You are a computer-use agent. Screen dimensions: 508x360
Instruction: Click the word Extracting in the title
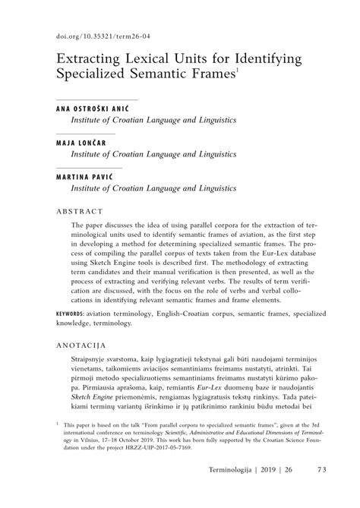pos(90,58)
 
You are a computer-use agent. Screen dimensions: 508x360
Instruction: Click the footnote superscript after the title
pos(236,71)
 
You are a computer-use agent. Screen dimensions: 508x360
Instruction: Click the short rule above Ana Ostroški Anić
pos(97,99)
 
